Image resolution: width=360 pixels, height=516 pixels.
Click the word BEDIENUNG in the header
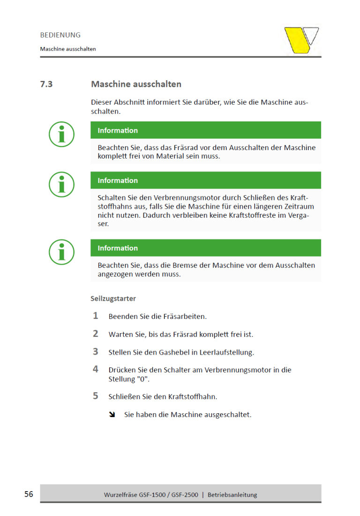click(60, 35)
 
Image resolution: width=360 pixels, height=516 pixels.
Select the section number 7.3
click(46, 84)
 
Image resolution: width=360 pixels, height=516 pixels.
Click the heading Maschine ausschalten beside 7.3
click(136, 84)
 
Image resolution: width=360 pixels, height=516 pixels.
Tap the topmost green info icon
click(62, 134)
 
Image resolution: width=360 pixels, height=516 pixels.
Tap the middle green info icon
click(62, 184)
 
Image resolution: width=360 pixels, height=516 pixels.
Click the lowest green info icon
click(62, 252)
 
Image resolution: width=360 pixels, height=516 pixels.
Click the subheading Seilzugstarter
click(113, 298)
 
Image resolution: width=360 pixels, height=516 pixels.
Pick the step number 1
click(96, 316)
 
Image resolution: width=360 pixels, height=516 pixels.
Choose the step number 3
click(96, 351)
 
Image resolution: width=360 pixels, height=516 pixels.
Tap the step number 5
click(96, 396)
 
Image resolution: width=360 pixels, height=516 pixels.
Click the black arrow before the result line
click(112, 415)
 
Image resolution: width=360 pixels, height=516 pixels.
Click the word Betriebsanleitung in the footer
click(232, 494)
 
